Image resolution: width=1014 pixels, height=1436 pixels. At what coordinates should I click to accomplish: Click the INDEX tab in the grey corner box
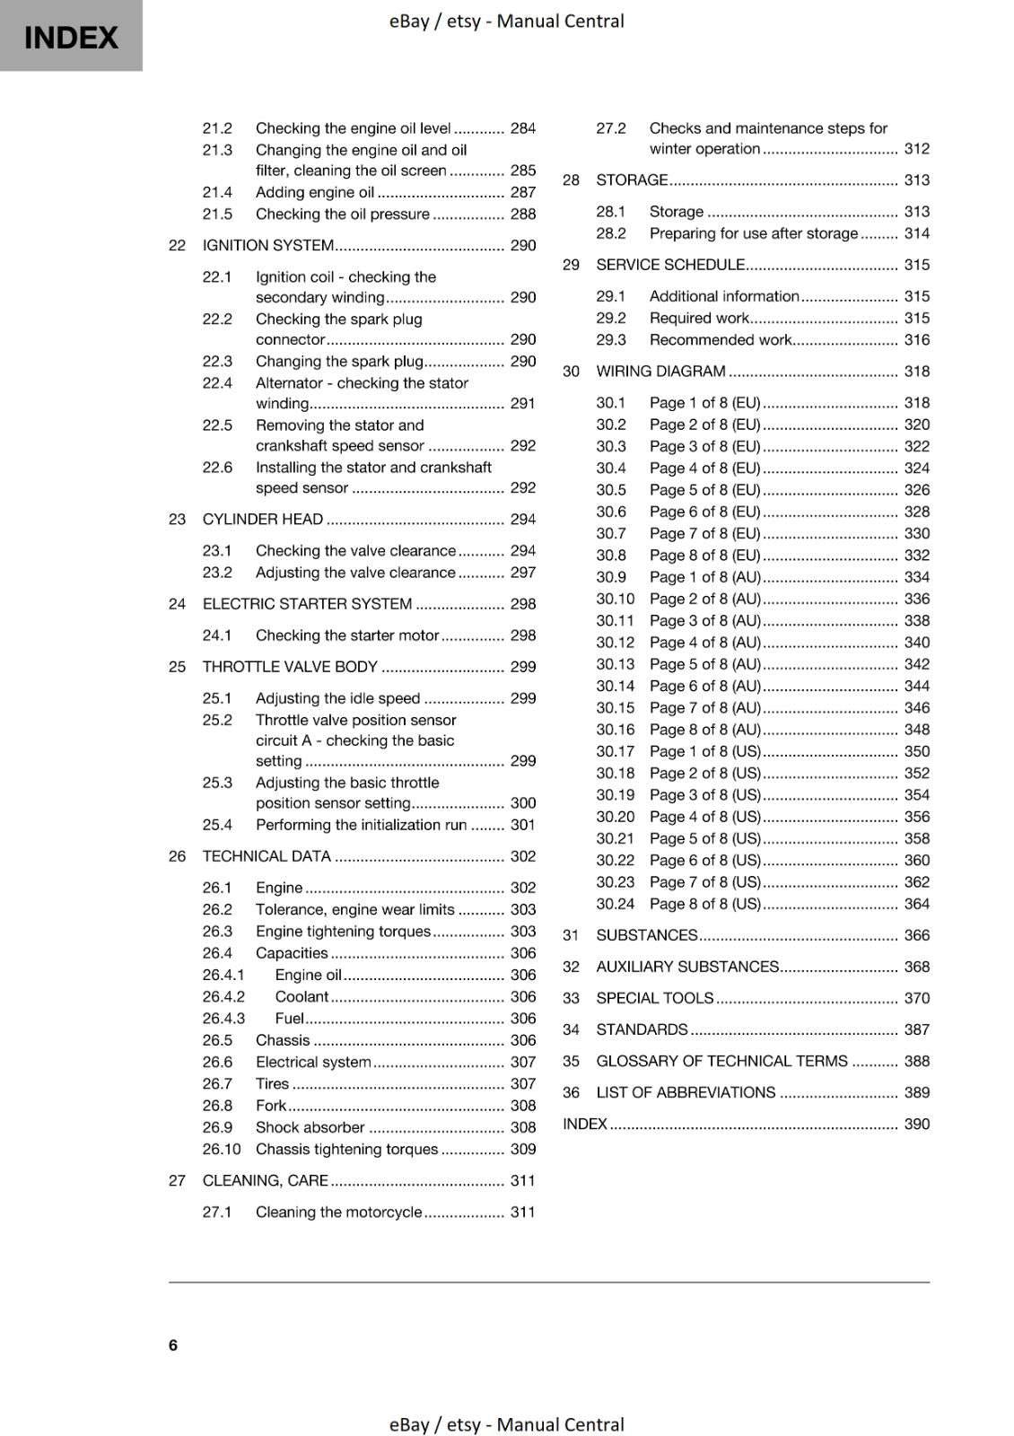71,38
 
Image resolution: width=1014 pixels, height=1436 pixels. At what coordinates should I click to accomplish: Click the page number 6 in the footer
173,1344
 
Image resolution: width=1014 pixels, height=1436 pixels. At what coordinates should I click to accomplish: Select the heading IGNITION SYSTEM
267,245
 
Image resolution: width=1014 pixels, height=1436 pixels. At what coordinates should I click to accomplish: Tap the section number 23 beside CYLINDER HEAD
177,519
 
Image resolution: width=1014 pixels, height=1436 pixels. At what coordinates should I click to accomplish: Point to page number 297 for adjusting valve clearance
522,573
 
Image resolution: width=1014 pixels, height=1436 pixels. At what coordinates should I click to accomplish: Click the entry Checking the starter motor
346,635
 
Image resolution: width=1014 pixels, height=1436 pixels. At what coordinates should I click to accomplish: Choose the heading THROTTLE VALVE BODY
290,667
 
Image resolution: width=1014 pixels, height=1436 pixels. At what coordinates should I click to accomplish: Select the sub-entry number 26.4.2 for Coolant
223,996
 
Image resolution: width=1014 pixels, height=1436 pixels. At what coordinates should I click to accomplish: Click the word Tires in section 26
272,1084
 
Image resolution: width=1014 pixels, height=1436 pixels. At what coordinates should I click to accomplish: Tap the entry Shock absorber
310,1127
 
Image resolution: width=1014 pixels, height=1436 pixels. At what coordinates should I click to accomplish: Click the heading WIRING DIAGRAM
660,372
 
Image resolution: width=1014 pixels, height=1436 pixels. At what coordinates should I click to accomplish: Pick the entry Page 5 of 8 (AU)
704,664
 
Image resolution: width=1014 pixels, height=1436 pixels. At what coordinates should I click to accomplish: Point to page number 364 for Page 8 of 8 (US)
916,904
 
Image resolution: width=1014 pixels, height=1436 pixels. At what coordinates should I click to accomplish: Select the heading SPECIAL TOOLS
654,998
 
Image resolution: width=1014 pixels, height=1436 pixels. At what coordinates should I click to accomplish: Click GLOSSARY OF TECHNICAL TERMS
721,1061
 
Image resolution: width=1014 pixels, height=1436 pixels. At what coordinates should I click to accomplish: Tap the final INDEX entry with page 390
585,1124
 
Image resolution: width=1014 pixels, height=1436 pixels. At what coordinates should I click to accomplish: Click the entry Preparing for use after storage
753,233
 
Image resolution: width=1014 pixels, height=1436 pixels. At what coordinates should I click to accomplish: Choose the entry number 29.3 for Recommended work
611,340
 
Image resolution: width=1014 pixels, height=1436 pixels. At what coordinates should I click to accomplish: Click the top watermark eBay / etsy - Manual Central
506,21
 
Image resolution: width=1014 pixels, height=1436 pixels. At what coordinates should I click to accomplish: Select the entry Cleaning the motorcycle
338,1213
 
